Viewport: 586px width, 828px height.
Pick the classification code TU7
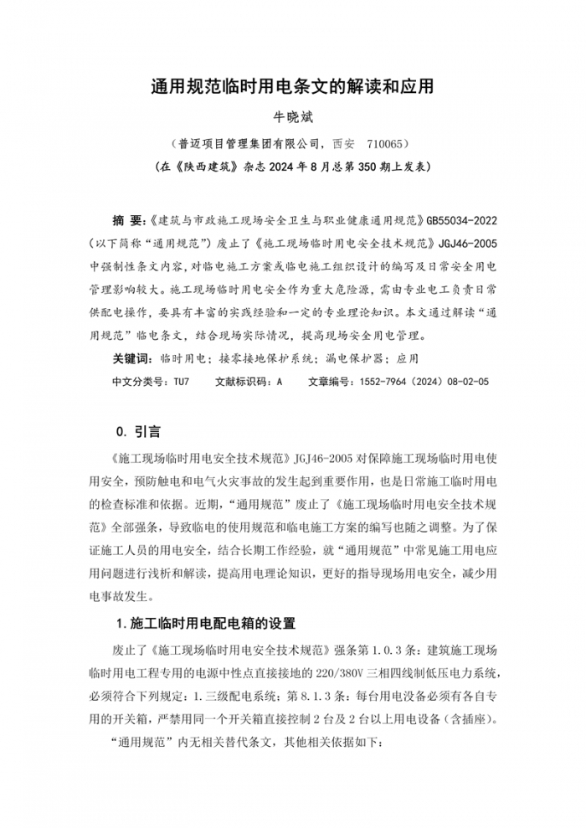[x=182, y=380]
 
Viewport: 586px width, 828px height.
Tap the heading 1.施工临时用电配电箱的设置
[x=206, y=624]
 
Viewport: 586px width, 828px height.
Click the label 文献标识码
[x=244, y=380]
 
